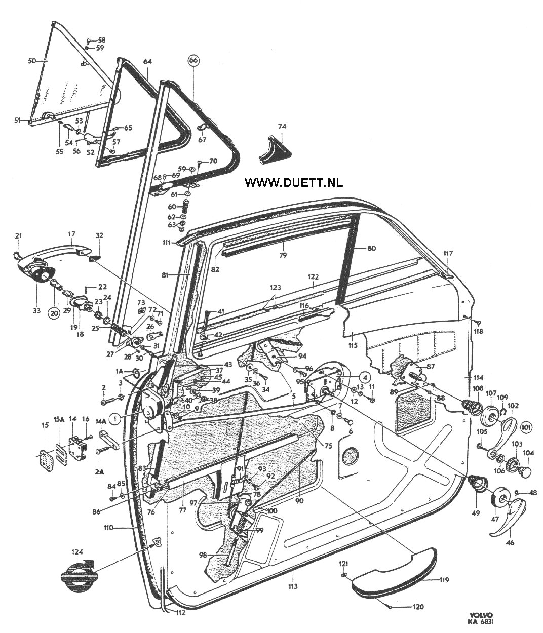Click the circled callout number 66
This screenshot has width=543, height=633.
(x=193, y=60)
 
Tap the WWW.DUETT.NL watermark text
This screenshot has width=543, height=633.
(x=293, y=182)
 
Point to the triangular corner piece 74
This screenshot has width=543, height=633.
(x=275, y=150)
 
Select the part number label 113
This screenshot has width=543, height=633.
(x=293, y=586)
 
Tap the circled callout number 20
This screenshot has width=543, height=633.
(x=54, y=313)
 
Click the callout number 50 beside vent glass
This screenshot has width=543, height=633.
(x=32, y=61)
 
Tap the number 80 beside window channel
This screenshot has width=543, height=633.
(x=371, y=248)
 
